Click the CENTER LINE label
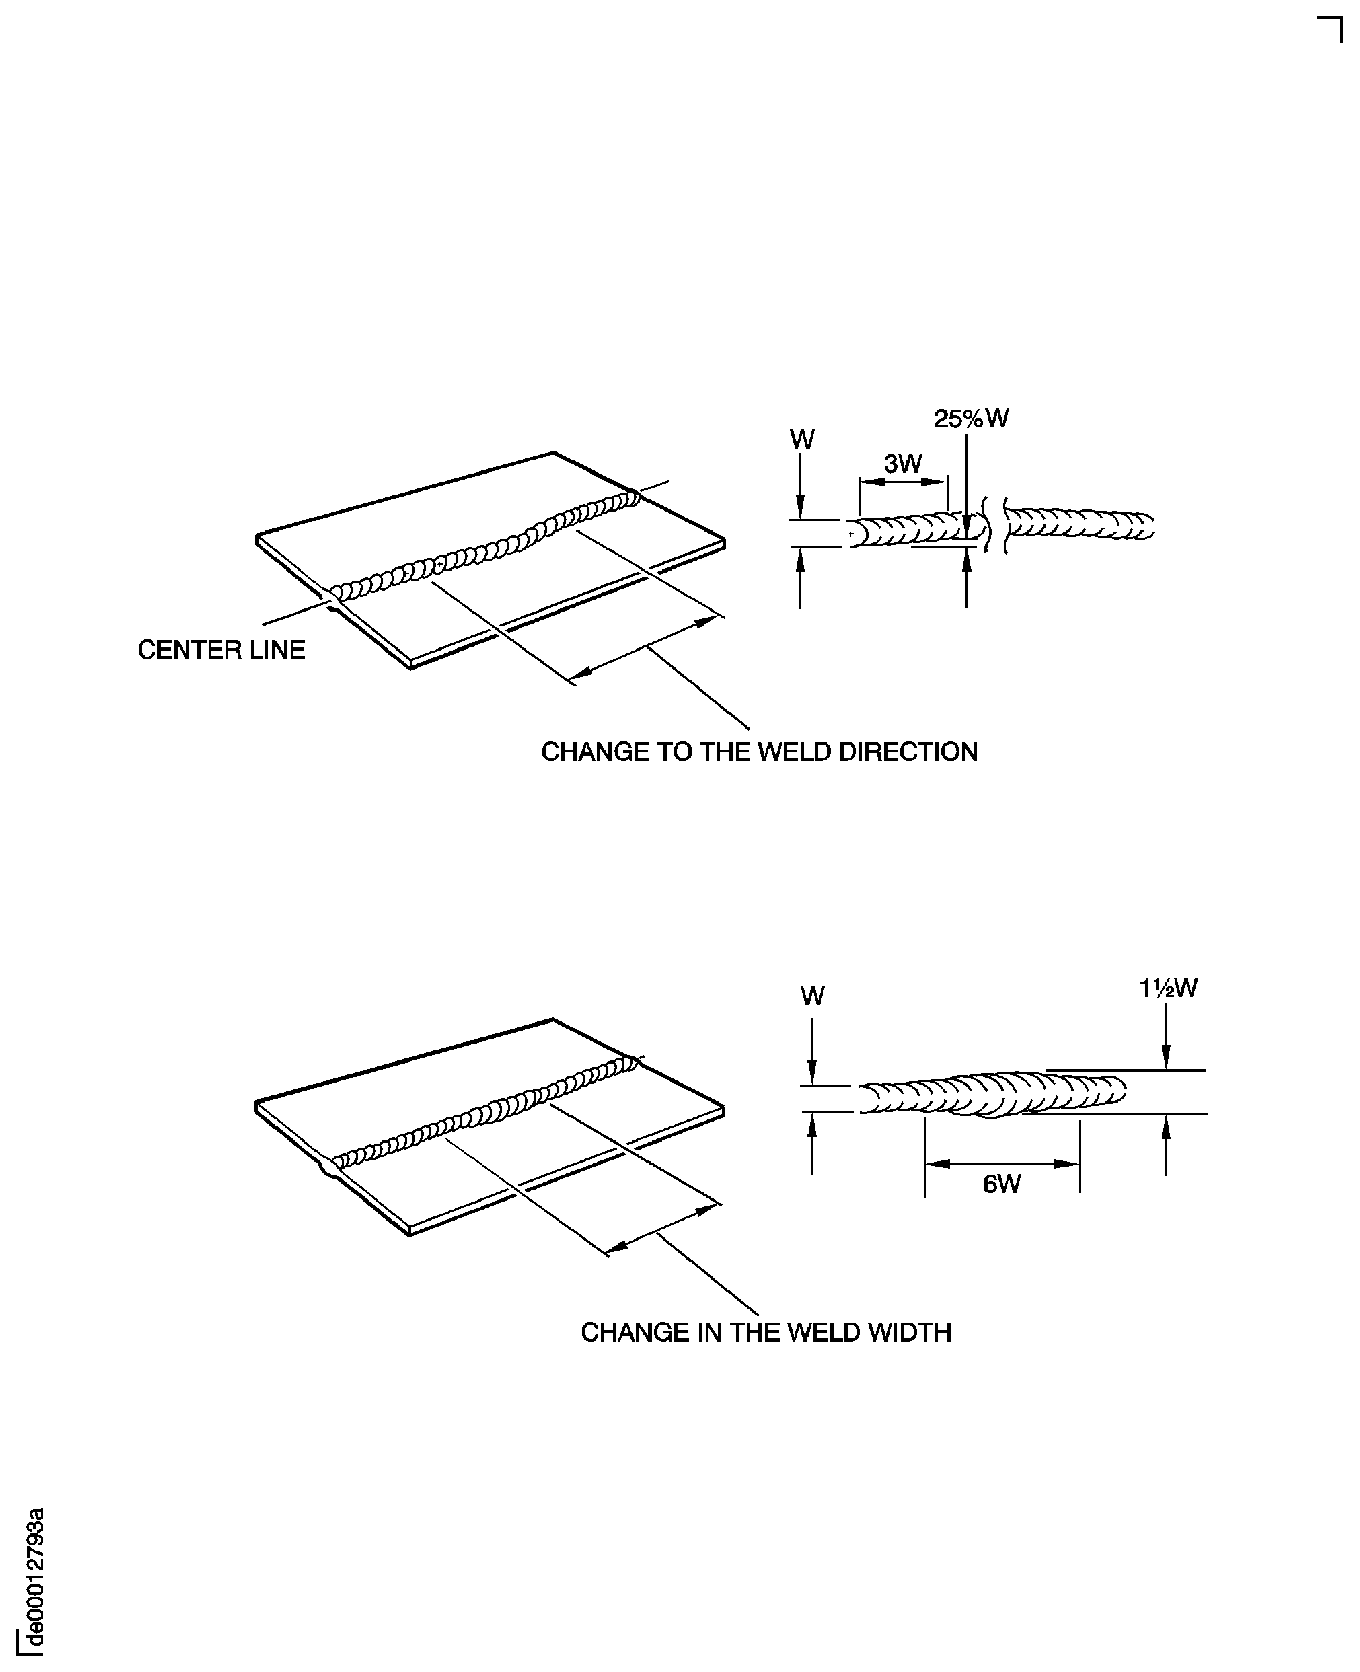(x=221, y=651)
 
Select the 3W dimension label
(x=903, y=464)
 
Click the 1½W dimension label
(x=1168, y=989)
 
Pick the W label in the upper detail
(x=801, y=440)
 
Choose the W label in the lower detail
(x=813, y=996)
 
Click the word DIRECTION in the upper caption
(x=908, y=752)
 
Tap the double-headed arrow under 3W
(x=903, y=481)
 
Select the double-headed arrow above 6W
(x=1002, y=1164)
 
